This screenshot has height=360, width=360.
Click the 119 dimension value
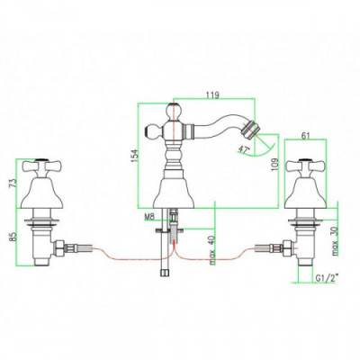coord(212,94)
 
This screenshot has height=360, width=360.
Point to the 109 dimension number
coord(275,165)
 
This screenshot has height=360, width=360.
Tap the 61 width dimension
coord(305,136)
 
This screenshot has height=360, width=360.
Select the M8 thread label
coord(149,216)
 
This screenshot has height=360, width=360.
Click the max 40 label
coord(212,250)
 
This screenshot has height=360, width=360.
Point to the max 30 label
coord(335,240)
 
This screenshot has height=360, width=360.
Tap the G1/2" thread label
coord(327,278)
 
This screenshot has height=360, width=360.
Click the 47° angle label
coord(244,148)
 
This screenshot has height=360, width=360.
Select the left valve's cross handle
coord(40,165)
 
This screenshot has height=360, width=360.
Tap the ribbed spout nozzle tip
coord(252,129)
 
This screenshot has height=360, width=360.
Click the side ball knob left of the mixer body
coord(153,131)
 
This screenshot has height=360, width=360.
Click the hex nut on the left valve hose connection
coord(58,247)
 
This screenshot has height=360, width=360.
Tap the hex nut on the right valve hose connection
coord(287,247)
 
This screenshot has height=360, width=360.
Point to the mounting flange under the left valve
coord(41,222)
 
